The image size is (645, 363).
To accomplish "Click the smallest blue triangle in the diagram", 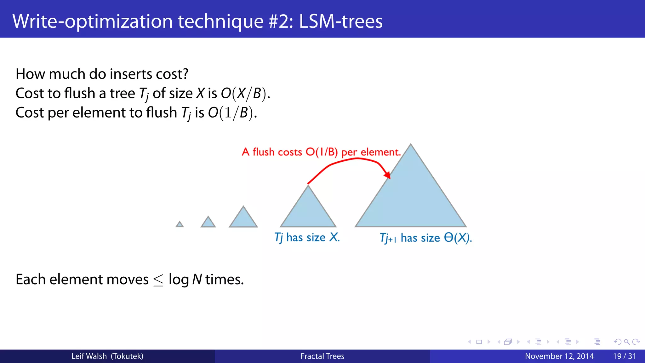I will pos(180,225).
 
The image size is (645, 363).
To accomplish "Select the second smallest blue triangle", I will pos(208,223).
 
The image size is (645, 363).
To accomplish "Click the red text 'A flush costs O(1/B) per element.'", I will pos(321,152).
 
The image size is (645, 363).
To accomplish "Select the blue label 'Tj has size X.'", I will pos(307,238).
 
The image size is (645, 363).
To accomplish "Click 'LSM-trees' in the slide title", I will pos(341,21).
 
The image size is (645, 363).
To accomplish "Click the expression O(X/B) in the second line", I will pos(245,94).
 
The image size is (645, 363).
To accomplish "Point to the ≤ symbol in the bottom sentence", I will pos(158,280).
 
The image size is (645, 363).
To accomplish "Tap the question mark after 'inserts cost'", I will pos(185,74).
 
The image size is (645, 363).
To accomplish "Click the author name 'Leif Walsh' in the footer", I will pos(89,356).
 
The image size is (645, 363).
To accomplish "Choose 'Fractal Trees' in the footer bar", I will pos(322,356).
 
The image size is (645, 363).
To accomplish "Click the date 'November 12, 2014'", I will pos(559,356).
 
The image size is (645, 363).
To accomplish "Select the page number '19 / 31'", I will pos(625,356).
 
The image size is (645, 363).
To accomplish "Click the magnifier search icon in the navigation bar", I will pos(627,342).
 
